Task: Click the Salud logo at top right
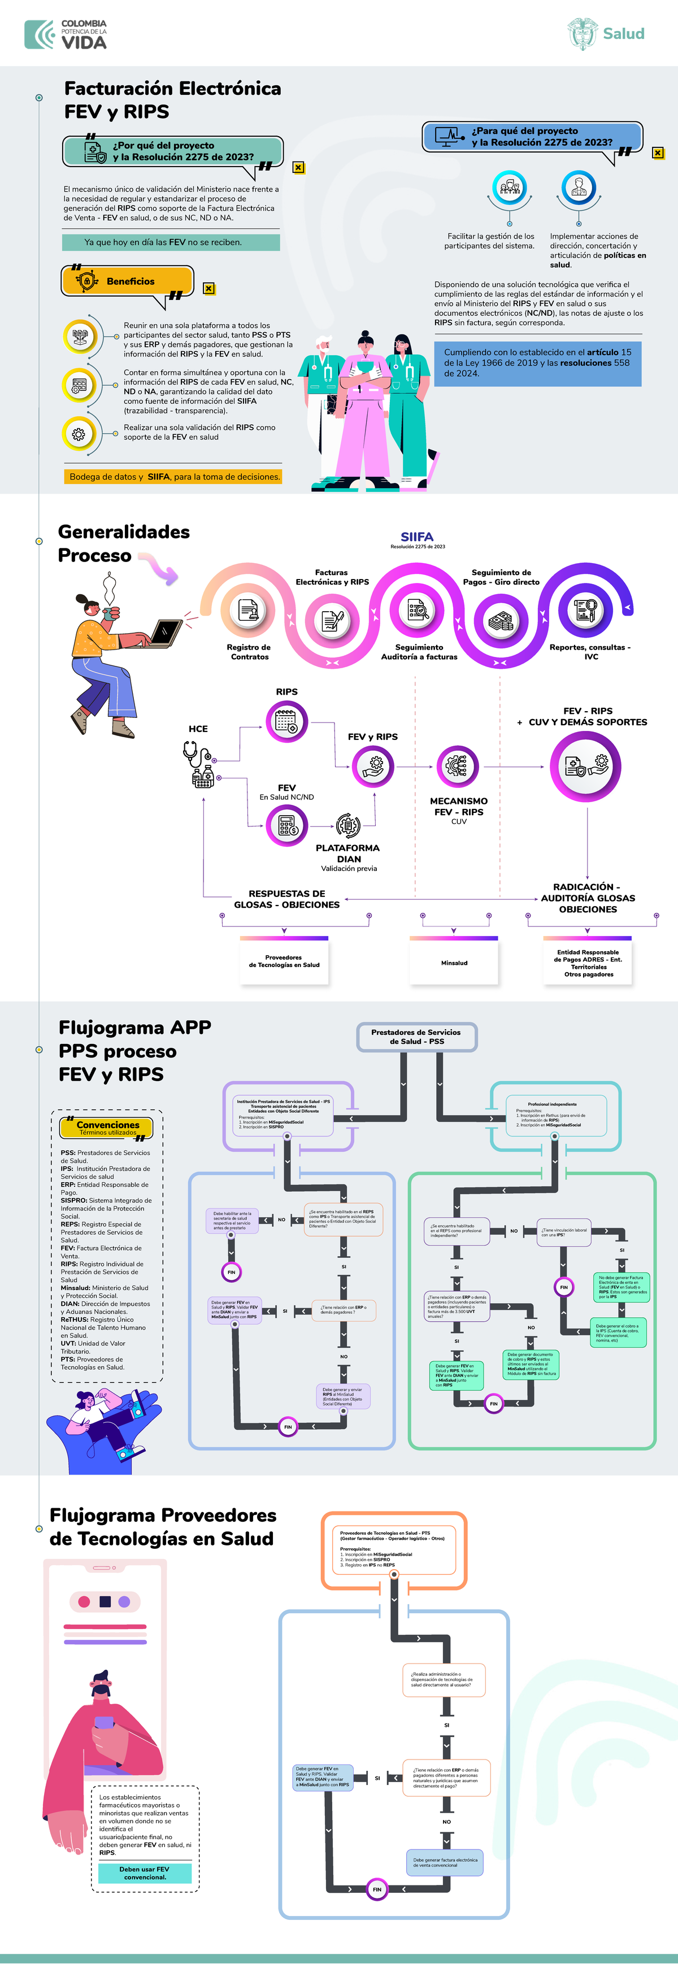coord(606,33)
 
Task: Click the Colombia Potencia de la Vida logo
coord(66,34)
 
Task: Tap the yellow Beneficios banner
coord(127,281)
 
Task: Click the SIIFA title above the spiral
coord(417,537)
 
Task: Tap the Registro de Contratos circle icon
coord(249,611)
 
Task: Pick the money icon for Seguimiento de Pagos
coord(501,621)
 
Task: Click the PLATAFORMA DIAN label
coord(348,853)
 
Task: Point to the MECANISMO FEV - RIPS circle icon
coord(458,767)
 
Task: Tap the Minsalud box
coord(454,962)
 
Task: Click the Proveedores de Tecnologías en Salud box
coord(284,961)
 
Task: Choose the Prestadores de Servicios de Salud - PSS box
coord(416,1037)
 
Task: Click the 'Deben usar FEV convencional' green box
coord(144,1872)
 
